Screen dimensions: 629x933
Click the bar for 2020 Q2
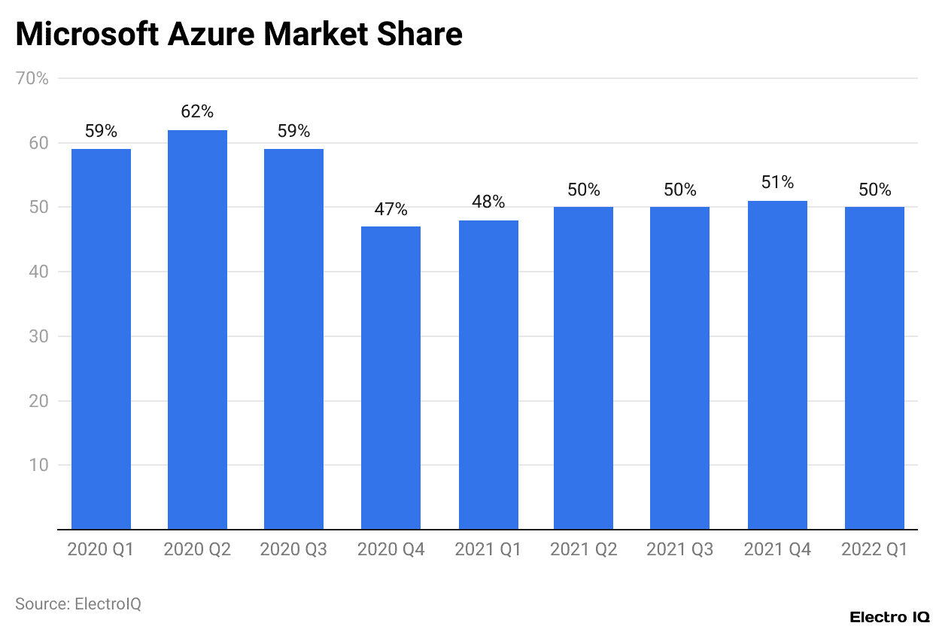[x=197, y=330]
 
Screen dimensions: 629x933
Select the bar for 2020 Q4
[x=391, y=378]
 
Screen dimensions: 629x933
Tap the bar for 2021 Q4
[x=777, y=365]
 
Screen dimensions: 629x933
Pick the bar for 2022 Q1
[x=874, y=368]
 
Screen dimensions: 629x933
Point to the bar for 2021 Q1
[x=488, y=375]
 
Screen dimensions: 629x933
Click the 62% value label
[x=197, y=112]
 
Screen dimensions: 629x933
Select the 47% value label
[x=391, y=209]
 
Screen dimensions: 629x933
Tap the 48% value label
[x=488, y=202]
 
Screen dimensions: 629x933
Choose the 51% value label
[x=777, y=182]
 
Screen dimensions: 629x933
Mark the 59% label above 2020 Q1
[x=101, y=131]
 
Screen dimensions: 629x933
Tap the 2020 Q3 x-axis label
[x=293, y=550]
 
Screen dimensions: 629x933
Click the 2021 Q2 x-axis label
[x=584, y=550]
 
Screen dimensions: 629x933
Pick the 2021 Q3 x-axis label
[x=680, y=550]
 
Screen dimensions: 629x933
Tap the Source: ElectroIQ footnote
[x=78, y=603]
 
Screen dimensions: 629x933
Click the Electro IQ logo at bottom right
[x=889, y=617]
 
